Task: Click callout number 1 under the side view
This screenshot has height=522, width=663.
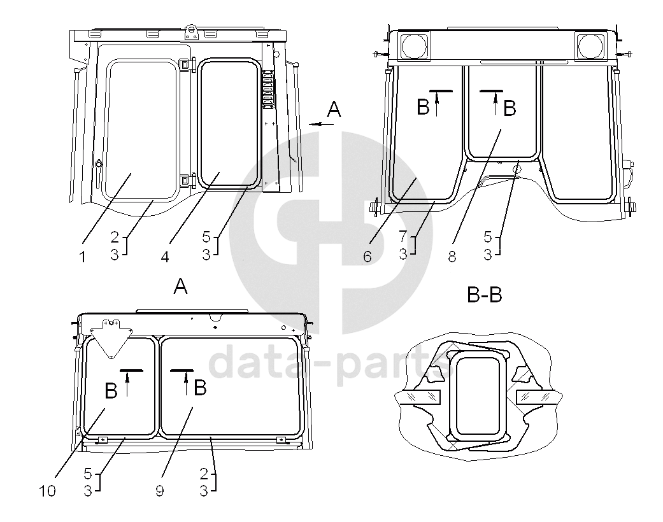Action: [83, 257]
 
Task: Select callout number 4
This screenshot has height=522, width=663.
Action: [165, 257]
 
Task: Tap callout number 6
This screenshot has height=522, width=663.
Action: [367, 257]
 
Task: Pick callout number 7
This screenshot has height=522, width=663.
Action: [403, 236]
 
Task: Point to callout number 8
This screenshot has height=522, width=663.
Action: [452, 257]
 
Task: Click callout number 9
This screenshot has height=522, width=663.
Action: [159, 491]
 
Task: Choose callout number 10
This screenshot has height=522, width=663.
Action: [47, 491]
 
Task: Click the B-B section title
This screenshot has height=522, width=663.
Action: [485, 294]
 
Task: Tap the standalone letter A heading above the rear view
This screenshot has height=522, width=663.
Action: [180, 287]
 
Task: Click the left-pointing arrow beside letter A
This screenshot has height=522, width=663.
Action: [322, 124]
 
